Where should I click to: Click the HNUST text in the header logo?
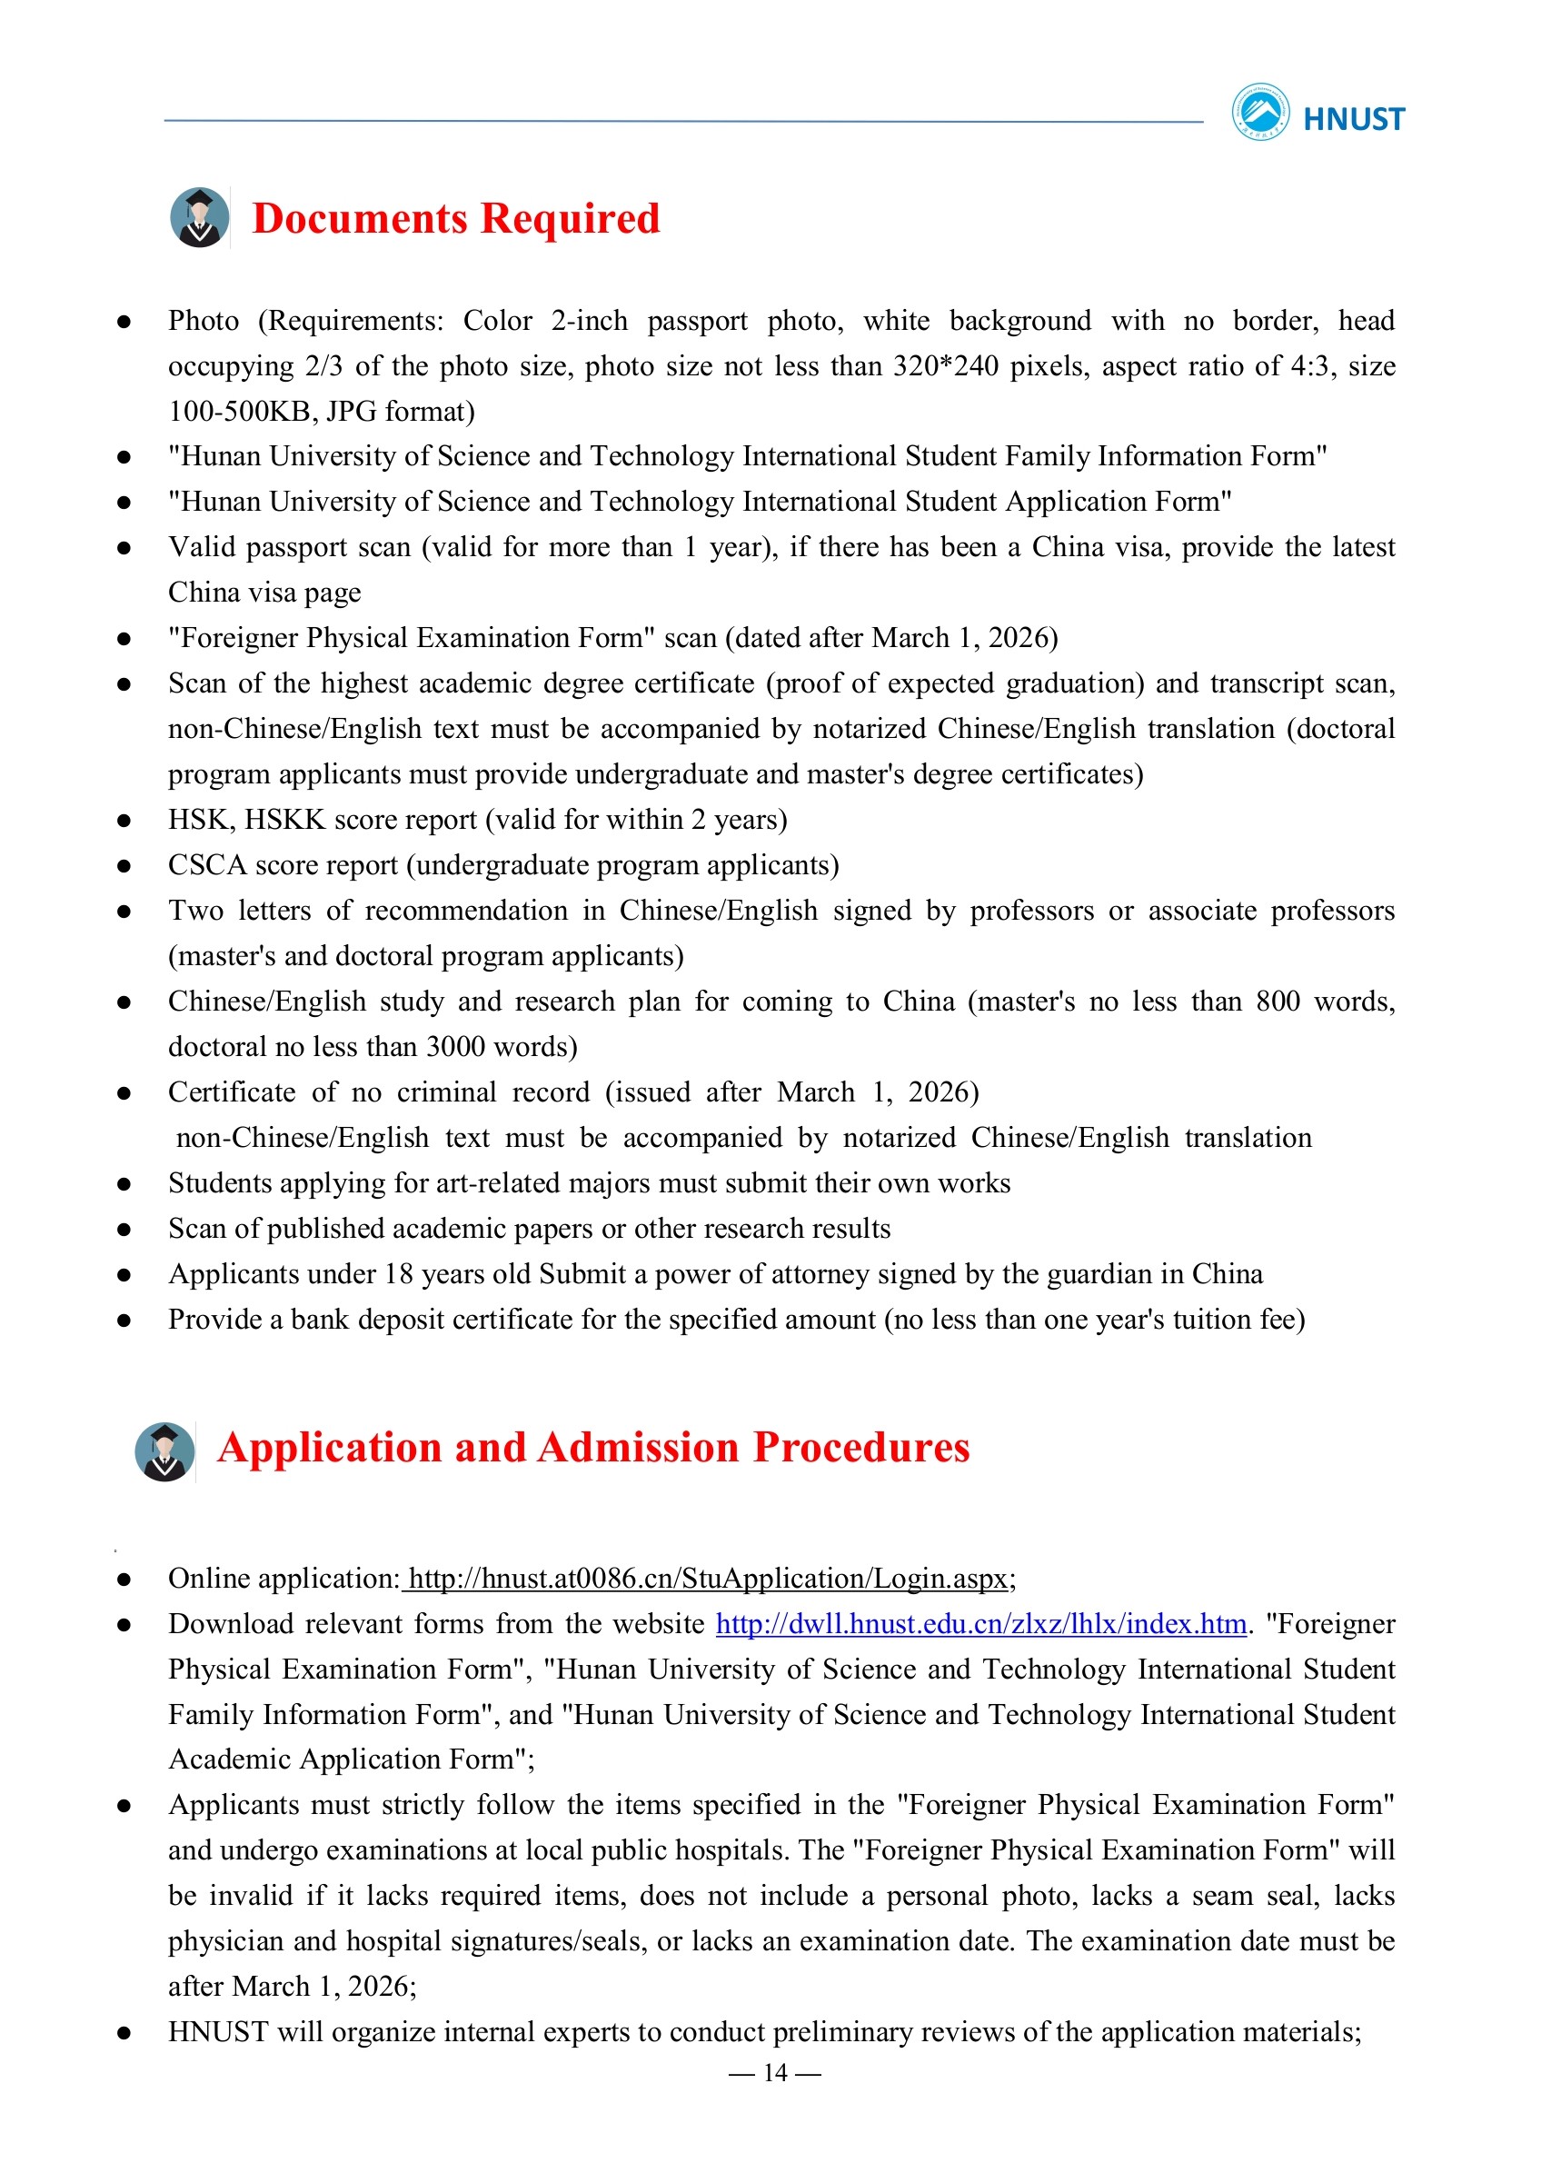tap(1353, 119)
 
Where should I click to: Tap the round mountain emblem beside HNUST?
tap(1259, 112)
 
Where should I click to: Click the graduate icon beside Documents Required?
tap(200, 218)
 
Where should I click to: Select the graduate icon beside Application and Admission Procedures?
tap(165, 1450)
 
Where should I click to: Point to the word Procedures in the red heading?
tap(861, 1447)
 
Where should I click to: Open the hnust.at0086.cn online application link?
tap(708, 1578)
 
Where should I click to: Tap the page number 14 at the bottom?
tap(774, 2072)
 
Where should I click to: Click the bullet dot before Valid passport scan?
tap(124, 548)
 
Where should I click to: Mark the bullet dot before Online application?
tap(124, 1580)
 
